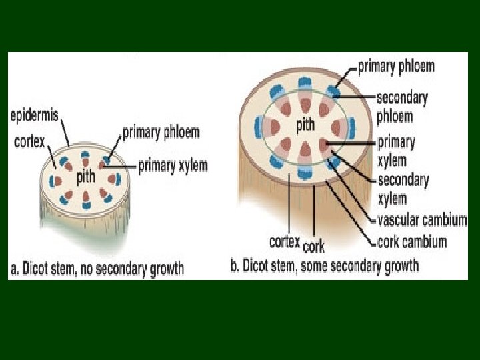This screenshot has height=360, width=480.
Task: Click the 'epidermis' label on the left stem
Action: (34, 115)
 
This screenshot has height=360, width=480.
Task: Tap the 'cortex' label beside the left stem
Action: (29, 141)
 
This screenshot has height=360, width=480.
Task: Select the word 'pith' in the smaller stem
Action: (85, 178)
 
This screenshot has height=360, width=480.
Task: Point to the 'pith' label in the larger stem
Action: (305, 123)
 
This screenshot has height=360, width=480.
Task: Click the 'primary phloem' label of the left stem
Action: (161, 132)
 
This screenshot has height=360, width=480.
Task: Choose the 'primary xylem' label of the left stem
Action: (173, 165)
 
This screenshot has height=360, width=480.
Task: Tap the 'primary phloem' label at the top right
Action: (396, 67)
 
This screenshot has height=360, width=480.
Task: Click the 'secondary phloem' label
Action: (402, 107)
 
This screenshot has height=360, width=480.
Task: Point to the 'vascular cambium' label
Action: (422, 220)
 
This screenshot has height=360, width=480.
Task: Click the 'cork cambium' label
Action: (412, 241)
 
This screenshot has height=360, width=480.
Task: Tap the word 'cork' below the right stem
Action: (314, 246)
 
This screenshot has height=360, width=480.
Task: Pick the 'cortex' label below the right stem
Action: (285, 241)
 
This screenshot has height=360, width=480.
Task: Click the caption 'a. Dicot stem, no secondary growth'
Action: (97, 269)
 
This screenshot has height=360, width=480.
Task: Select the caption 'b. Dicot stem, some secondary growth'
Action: (325, 267)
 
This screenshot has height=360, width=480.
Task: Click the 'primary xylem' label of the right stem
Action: (396, 151)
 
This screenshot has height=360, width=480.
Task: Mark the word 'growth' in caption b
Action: (399, 267)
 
